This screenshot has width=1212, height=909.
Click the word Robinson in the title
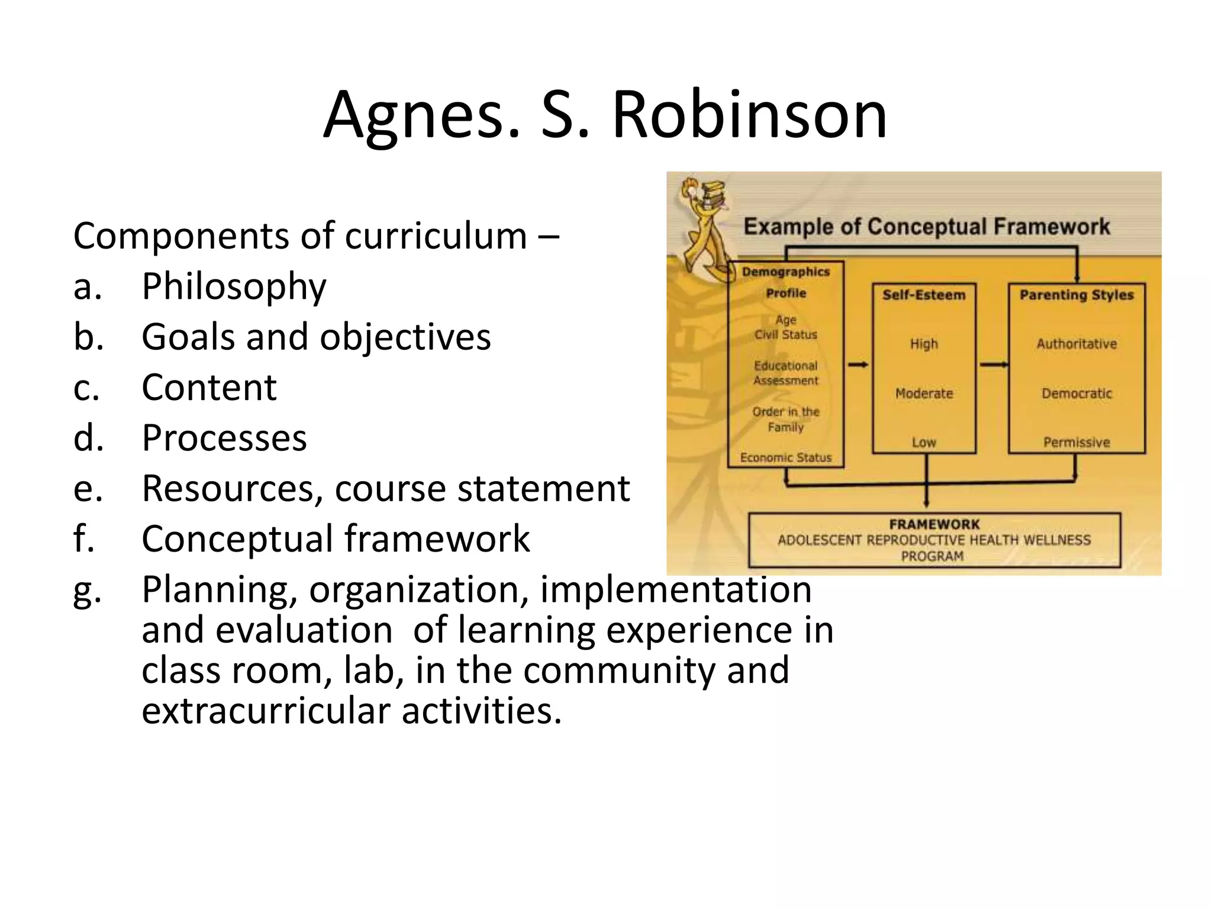[749, 115]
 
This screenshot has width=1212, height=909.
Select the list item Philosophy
[234, 287]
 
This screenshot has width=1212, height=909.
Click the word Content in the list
[209, 388]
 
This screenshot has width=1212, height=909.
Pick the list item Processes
[224, 439]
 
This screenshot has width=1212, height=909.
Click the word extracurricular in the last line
[264, 710]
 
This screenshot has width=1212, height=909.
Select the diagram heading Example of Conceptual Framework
[926, 227]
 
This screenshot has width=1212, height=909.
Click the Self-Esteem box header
[924, 295]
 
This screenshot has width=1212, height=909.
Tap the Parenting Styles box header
[1076, 295]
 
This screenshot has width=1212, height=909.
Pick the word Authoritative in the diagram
[1076, 344]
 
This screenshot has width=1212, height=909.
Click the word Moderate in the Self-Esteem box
[924, 394]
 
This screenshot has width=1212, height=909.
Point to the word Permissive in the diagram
[1076, 443]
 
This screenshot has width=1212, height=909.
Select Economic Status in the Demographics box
[786, 457]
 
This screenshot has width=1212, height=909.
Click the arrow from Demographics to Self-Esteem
[858, 365]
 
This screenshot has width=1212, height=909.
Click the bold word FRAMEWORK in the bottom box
[934, 524]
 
